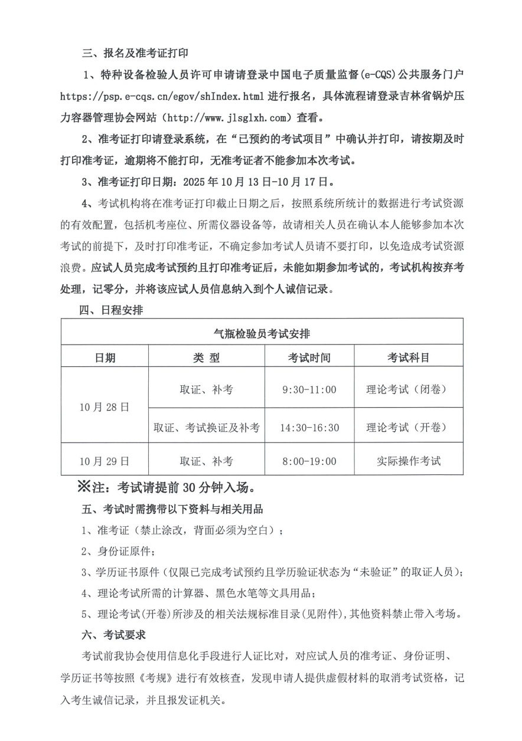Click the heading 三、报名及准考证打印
tap(135, 53)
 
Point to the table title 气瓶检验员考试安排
tap(261, 333)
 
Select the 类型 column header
tap(206, 358)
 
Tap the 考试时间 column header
tap(309, 358)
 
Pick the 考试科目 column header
tap(408, 358)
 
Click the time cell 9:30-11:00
tap(309, 389)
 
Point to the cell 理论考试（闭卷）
tap(408, 389)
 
